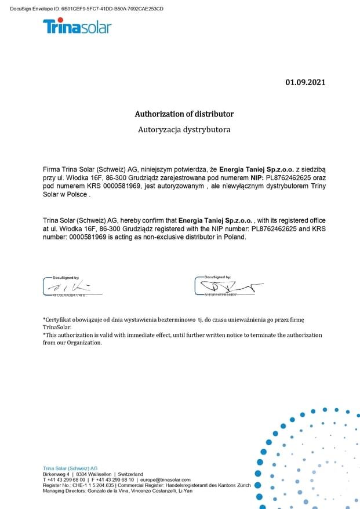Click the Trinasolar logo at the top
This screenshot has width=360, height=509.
point(77,26)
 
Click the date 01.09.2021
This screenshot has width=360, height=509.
point(306,82)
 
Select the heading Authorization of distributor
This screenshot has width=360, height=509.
point(184,114)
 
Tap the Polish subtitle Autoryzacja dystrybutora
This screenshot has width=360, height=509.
point(184,129)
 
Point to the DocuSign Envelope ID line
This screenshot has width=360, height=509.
point(86,9)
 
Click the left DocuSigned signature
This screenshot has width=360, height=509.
point(72,286)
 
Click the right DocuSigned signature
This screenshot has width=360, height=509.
point(229,286)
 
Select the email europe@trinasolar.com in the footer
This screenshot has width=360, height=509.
point(165,480)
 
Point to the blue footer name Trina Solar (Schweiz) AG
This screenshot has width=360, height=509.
point(70,468)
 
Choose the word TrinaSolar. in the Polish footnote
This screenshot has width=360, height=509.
point(57,327)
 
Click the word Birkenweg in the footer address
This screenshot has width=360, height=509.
point(54,474)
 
